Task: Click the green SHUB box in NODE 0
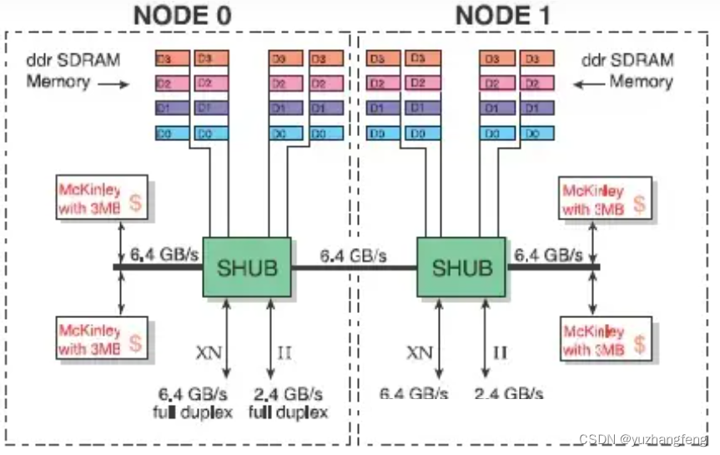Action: (247, 267)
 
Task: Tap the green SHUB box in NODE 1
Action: (461, 267)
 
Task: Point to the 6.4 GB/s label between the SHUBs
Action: (353, 255)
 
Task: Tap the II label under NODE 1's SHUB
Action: (500, 352)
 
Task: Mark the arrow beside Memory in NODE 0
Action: (115, 84)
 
